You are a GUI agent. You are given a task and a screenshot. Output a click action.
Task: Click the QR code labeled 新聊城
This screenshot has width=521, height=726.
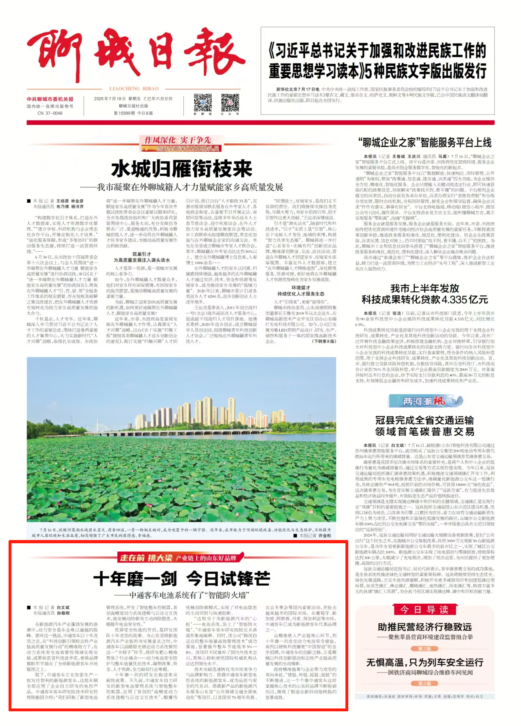(202, 102)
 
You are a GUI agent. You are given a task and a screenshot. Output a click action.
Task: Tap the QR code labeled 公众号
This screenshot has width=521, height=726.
(230, 102)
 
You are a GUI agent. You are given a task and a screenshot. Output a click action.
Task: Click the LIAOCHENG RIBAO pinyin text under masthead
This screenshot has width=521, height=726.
(134, 89)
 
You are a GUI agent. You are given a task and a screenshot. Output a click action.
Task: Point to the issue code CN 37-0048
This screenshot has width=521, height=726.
(50, 113)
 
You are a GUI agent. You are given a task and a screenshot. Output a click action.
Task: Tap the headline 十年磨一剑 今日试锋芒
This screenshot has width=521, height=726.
(182, 578)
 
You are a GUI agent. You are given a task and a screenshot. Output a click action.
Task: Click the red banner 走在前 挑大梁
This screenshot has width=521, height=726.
(146, 558)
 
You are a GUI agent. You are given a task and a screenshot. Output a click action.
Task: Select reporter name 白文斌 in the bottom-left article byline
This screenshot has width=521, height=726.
(63, 607)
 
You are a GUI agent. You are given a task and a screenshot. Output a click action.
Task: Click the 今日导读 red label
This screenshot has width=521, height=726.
(424, 609)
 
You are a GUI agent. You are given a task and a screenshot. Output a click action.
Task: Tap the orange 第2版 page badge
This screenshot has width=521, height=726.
(424, 649)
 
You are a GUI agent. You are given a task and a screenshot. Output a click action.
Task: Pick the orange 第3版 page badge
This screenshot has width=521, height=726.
(424, 684)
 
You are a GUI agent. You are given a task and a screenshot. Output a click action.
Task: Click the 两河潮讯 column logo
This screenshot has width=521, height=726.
(424, 401)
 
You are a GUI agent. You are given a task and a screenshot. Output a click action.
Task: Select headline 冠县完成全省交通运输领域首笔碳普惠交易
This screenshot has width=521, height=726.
(424, 426)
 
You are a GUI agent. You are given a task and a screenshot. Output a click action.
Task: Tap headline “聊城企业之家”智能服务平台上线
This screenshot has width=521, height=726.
(424, 143)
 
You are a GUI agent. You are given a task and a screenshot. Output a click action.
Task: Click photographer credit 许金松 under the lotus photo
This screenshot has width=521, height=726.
(325, 536)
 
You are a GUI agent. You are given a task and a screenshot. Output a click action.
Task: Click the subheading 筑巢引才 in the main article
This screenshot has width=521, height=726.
(142, 254)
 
